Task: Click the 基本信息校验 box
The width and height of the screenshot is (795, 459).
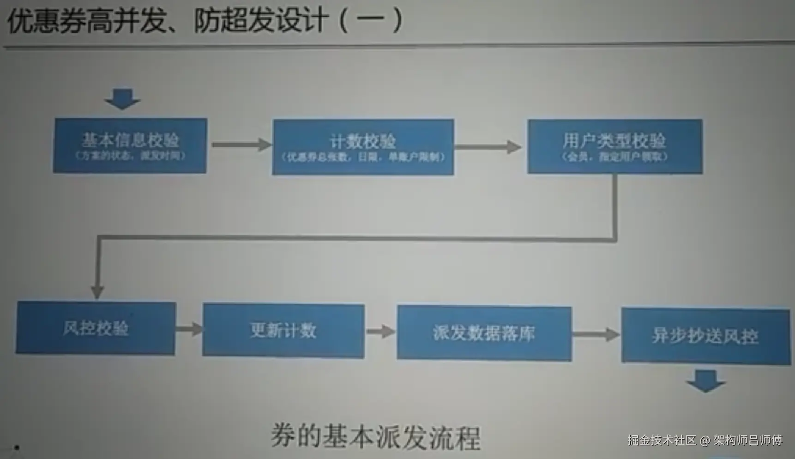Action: (x=130, y=145)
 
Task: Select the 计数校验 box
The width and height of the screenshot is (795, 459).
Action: (x=363, y=147)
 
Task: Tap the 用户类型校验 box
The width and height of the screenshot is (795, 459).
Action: (x=614, y=146)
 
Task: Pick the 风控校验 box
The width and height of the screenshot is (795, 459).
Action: (x=96, y=328)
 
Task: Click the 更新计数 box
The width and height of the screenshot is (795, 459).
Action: (x=283, y=330)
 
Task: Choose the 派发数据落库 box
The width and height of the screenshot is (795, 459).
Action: (x=484, y=332)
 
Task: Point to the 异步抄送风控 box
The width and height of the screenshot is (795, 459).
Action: (x=705, y=336)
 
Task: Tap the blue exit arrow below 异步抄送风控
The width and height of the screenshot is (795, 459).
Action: (x=705, y=380)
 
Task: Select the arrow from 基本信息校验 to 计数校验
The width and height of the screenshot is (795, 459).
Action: (x=241, y=145)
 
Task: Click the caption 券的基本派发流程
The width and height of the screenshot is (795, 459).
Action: (x=375, y=436)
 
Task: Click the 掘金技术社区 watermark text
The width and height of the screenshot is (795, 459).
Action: (x=661, y=440)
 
